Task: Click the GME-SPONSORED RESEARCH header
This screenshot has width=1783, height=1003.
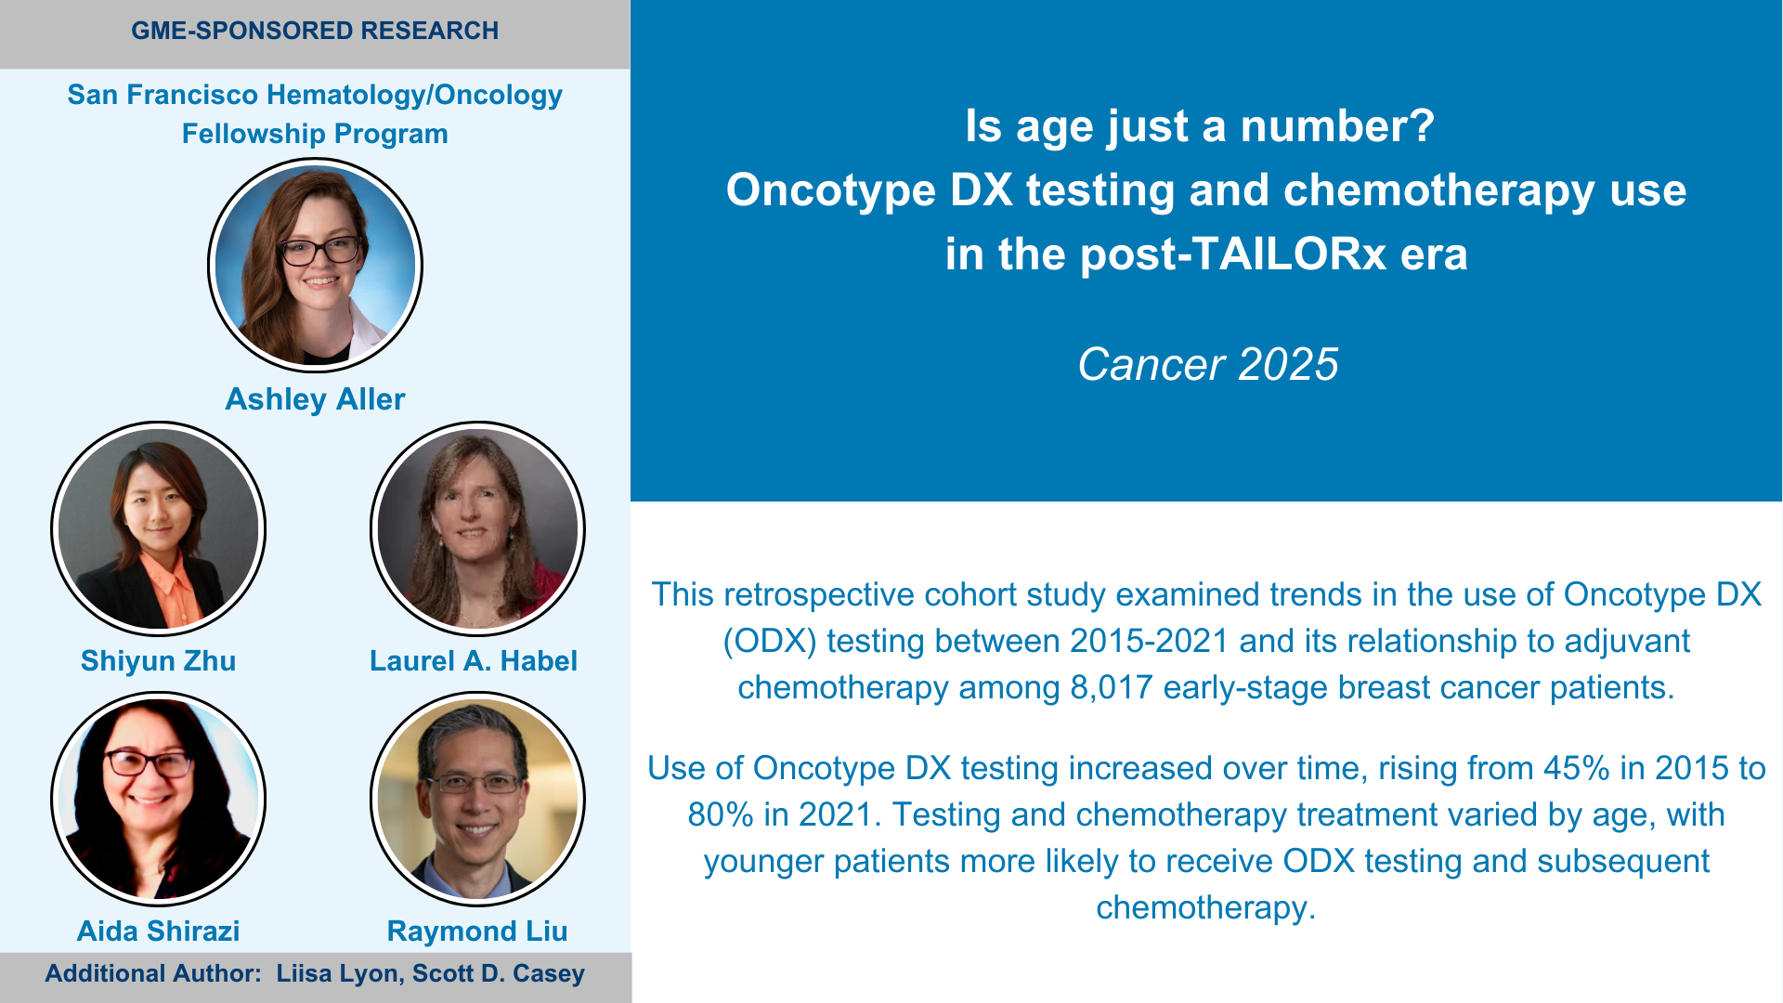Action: click(315, 31)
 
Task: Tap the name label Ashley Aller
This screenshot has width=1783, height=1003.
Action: click(315, 399)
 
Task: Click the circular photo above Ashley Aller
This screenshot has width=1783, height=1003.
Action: click(315, 266)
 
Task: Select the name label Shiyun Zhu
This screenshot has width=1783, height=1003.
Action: click(158, 661)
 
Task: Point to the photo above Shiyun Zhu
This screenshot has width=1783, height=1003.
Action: click(158, 529)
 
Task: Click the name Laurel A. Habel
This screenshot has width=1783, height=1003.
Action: click(474, 661)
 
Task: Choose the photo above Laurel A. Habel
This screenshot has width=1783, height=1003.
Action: click(477, 529)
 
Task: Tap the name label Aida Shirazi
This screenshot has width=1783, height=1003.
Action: click(158, 931)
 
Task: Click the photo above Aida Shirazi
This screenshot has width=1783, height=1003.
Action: click(158, 799)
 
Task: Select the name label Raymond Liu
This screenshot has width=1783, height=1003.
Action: click(477, 931)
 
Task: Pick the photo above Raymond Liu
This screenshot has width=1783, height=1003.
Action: click(477, 799)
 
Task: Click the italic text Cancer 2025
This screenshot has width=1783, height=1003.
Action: click(1208, 364)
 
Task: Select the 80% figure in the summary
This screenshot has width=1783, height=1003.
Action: click(721, 814)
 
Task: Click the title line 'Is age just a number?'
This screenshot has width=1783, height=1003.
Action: click(1200, 126)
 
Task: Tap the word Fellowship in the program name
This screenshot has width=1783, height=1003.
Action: click(254, 134)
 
